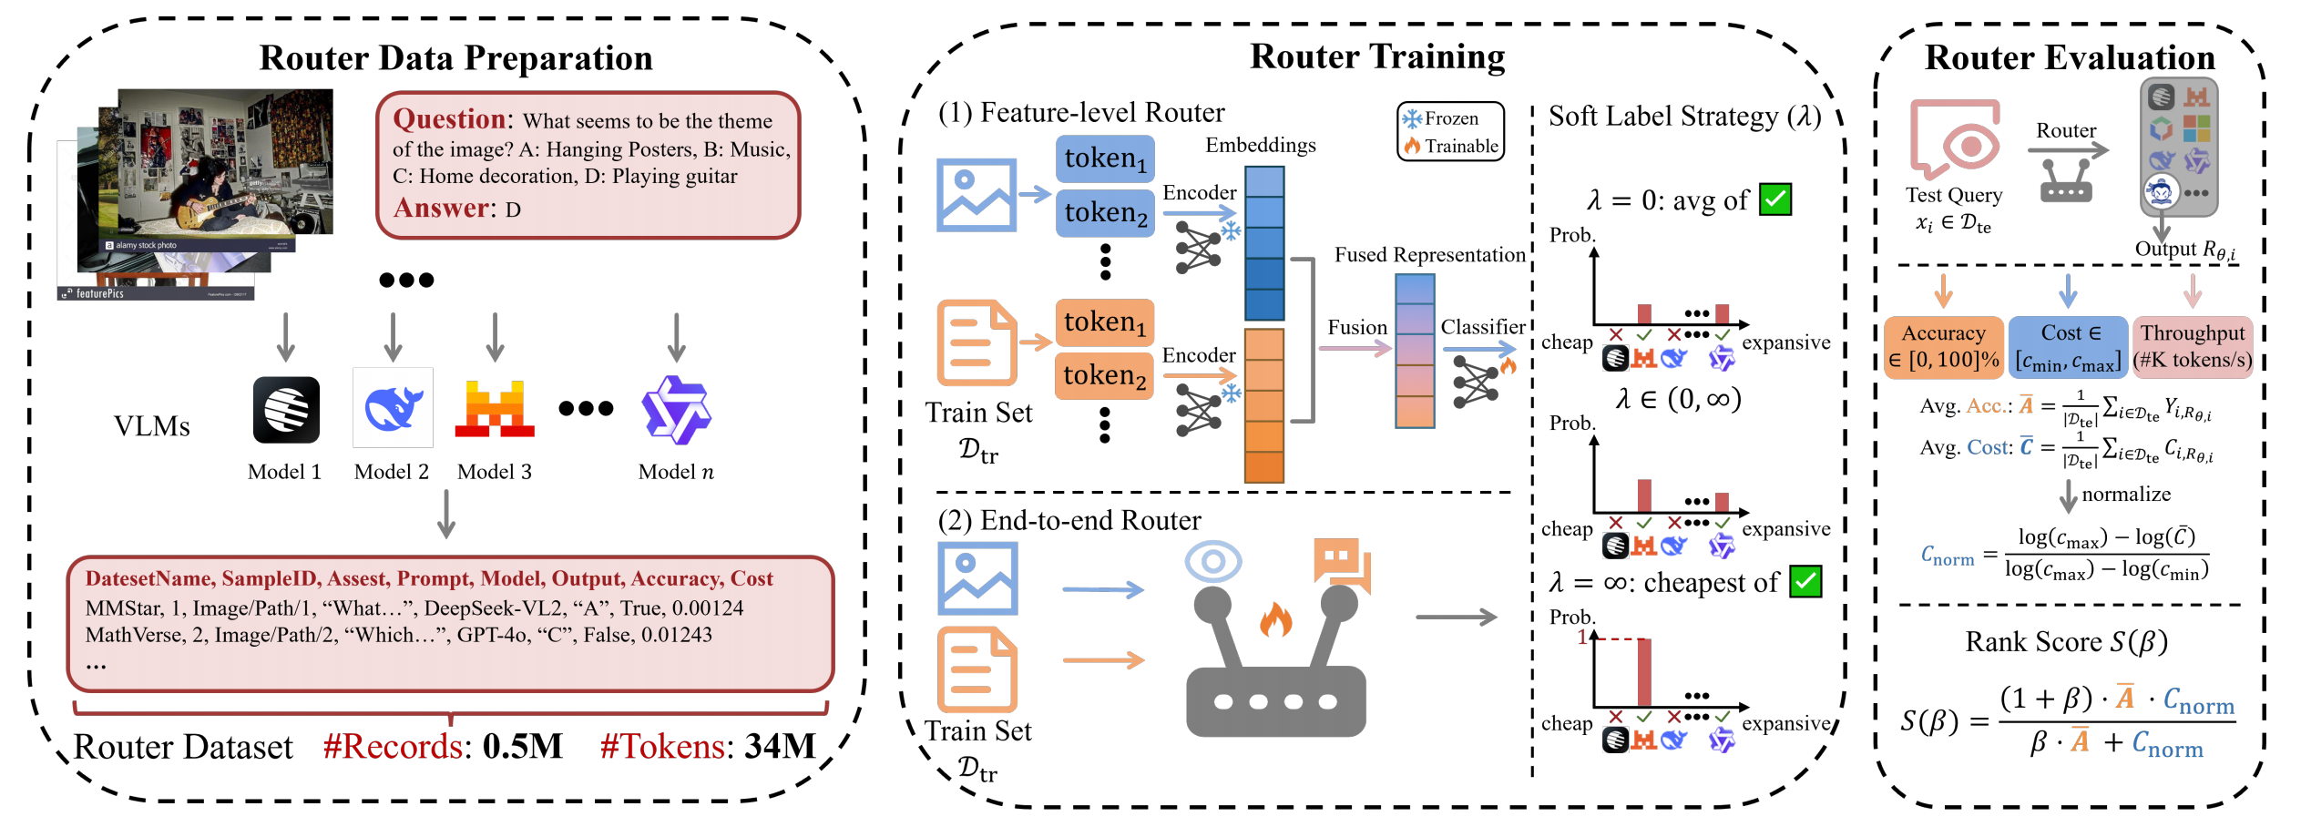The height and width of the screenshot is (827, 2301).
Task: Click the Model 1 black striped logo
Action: pos(286,410)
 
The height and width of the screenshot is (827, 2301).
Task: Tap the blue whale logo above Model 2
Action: pos(393,408)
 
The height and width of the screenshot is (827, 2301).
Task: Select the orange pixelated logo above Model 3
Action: pos(495,408)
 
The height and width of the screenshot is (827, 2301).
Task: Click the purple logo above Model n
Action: pos(676,410)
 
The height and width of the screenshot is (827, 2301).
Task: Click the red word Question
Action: pos(449,119)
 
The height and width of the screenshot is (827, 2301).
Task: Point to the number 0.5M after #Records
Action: pos(522,747)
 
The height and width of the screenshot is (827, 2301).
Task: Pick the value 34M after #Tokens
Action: pos(780,747)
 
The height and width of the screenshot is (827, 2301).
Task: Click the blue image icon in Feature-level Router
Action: pos(977,195)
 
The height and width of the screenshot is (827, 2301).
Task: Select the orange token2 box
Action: pos(1104,375)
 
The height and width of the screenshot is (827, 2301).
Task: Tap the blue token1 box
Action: pos(1105,158)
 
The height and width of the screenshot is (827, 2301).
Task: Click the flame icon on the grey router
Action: pos(1275,620)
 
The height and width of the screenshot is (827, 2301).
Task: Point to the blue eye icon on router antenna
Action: pos(1212,561)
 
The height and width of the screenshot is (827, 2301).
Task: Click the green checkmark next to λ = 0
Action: pos(1775,199)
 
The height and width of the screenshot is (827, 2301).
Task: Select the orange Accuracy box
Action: pos(1943,346)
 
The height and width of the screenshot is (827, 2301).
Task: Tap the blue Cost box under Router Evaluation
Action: pos(2068,346)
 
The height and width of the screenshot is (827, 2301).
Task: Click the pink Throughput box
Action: pos(2193,346)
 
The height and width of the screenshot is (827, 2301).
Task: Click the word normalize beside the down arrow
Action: pos(2126,495)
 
